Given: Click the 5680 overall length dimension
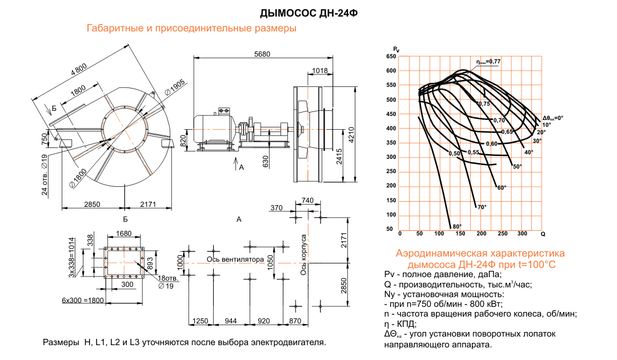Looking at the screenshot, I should coord(262,54).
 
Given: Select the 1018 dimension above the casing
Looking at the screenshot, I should coord(320,71).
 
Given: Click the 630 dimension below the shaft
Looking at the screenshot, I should coord(265,162).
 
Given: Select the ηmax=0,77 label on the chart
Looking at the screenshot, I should coord(489,61).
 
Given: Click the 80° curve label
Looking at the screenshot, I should coord(456,225).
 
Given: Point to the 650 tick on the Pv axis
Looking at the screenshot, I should coord(391,57).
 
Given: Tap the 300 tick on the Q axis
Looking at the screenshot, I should coord(522,234).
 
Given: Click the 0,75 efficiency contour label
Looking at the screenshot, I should coord(484,104).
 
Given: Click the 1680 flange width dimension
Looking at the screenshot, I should coord(124,234).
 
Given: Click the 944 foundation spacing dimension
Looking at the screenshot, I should coord(231,322).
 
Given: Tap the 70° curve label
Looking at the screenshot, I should coord(481,206).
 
